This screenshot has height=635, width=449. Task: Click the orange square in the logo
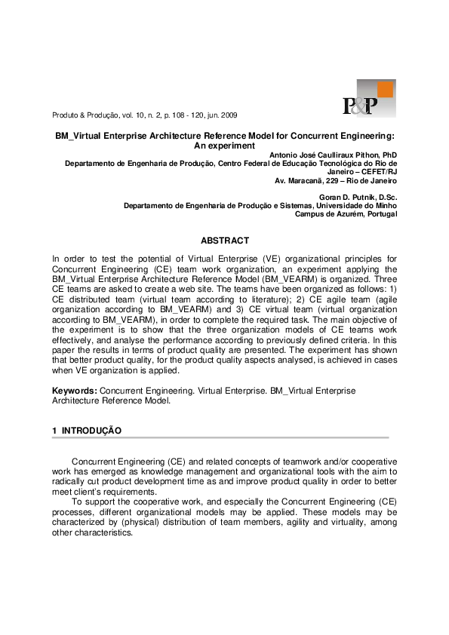(385, 90)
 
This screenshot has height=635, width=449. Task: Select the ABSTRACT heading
(224, 241)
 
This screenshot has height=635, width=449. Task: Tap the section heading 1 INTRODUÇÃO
(87, 430)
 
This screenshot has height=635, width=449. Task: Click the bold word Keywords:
(75, 391)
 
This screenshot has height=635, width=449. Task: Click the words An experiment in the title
(225, 145)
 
